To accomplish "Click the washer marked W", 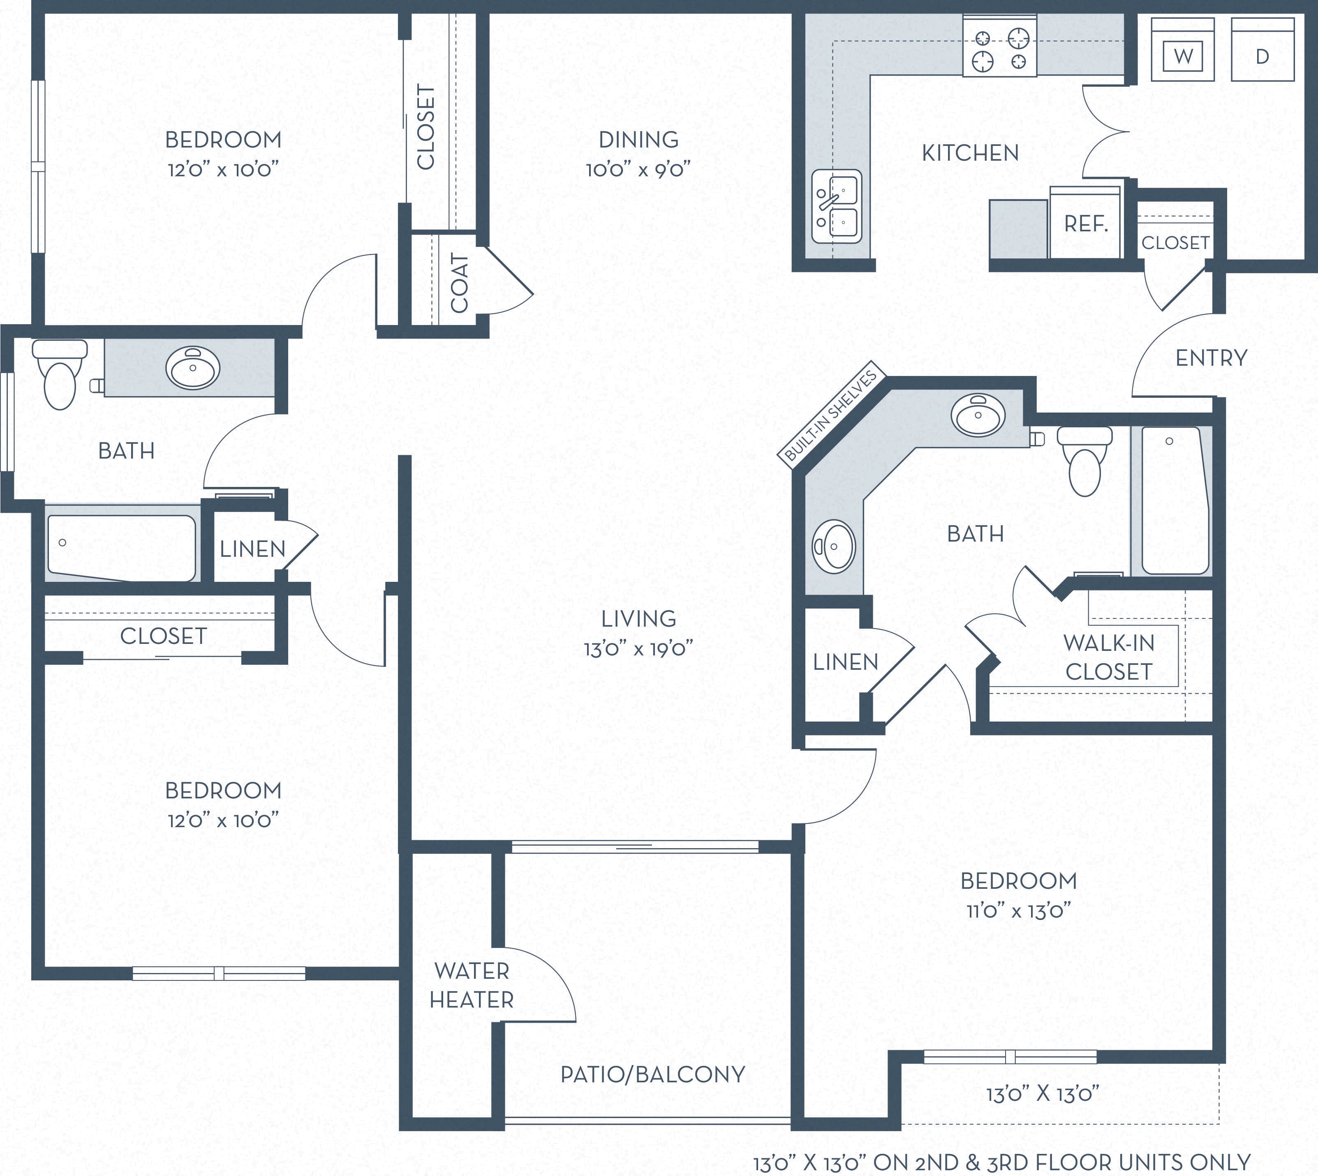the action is tap(1182, 50).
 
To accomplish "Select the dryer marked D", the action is tap(1263, 50).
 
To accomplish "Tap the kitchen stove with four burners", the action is tap(1000, 46).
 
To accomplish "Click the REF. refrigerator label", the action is tap(1086, 224).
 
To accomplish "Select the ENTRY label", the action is tap(1211, 358).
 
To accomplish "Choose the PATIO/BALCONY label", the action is tap(653, 1075).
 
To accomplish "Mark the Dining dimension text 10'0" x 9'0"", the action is tap(638, 169).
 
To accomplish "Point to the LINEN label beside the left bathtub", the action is tap(252, 549).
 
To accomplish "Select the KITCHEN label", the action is tap(970, 153).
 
